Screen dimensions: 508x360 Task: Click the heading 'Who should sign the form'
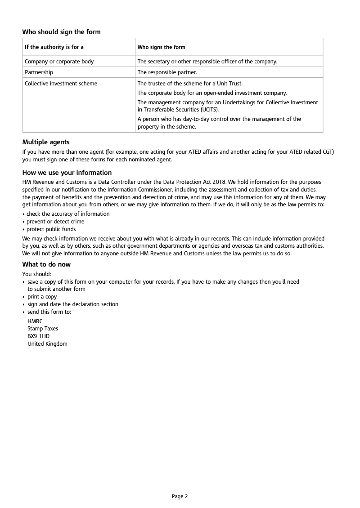62,32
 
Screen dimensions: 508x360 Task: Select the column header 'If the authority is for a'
54,47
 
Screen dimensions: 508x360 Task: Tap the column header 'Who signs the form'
161,47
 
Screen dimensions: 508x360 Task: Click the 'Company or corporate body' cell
59,62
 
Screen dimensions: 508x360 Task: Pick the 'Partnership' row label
39,72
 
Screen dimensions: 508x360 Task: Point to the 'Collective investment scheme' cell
61,83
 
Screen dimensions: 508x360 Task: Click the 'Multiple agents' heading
46,142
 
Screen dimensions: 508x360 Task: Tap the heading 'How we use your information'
67,173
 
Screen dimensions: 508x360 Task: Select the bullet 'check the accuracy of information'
68,214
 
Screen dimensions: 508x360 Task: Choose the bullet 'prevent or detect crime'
55,222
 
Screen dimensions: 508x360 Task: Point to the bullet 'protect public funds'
51,229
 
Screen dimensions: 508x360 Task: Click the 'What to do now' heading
46,264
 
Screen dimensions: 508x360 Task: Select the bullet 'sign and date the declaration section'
73,304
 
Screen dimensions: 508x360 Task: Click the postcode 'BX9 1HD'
38,336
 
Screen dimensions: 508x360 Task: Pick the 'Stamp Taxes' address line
43,329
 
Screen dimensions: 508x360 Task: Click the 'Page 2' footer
180,496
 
